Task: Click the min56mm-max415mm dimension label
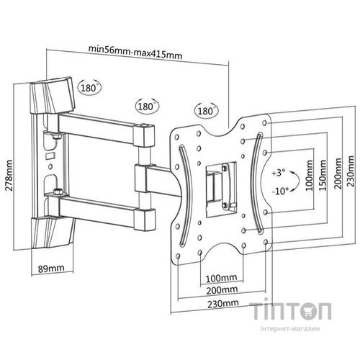tap(135, 52)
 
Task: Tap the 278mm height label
tap(9, 175)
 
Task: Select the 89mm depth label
tap(51, 268)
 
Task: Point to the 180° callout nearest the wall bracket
tap(89, 87)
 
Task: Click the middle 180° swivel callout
tap(147, 106)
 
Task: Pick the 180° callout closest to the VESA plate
tap(206, 111)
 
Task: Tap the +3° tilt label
tap(279, 173)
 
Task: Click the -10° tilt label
tap(280, 192)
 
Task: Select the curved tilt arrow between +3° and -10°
tap(297, 181)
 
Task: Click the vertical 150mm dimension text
tap(323, 175)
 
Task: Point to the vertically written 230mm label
tap(351, 171)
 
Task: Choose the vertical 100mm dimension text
tap(310, 176)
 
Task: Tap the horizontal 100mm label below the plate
tap(221, 278)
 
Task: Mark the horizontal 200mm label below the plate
tap(222, 290)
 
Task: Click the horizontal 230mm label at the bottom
tap(223, 304)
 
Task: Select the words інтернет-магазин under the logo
tap(290, 328)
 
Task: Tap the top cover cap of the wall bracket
tap(52, 95)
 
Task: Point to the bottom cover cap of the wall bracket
tap(53, 233)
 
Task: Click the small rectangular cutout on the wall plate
tap(50, 156)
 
